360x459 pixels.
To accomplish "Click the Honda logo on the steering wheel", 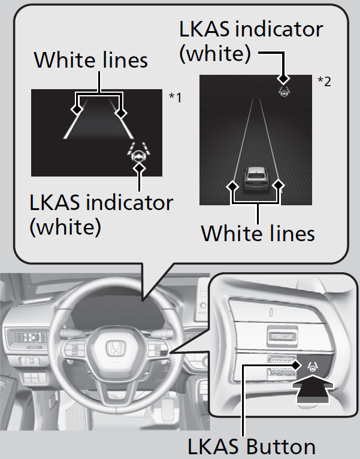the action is [114, 348].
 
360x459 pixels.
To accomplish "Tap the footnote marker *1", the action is [176, 98].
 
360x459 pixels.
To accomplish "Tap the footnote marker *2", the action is [325, 81].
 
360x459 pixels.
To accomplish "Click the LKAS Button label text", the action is [252, 446].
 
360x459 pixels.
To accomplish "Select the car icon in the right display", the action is [255, 179].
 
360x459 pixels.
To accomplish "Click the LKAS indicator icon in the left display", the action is [139, 152].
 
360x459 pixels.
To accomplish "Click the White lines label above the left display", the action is [91, 60].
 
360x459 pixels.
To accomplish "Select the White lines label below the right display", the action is [258, 233].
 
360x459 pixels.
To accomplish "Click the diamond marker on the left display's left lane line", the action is [77, 110].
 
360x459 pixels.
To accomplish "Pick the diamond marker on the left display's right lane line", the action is [120, 113].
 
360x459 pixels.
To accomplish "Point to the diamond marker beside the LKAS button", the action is [296, 365].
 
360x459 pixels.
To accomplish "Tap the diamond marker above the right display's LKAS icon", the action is [283, 79].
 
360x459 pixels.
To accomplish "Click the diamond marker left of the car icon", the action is [232, 186].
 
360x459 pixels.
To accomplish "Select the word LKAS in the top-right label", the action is [204, 29].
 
